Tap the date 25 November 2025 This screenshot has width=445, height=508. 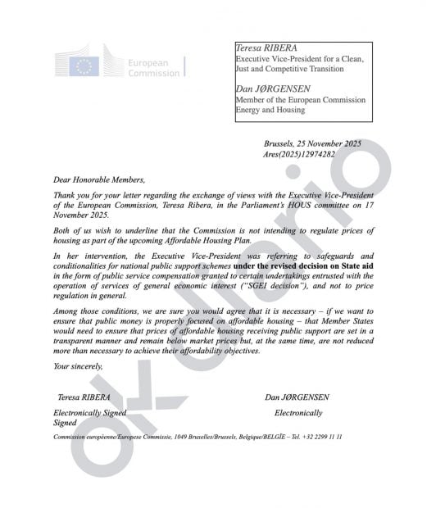330,143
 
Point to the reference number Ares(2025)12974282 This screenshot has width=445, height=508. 300,154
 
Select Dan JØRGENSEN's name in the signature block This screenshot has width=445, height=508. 298,397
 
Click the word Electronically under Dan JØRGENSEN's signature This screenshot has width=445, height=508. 298,413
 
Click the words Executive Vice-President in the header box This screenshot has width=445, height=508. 276,59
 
